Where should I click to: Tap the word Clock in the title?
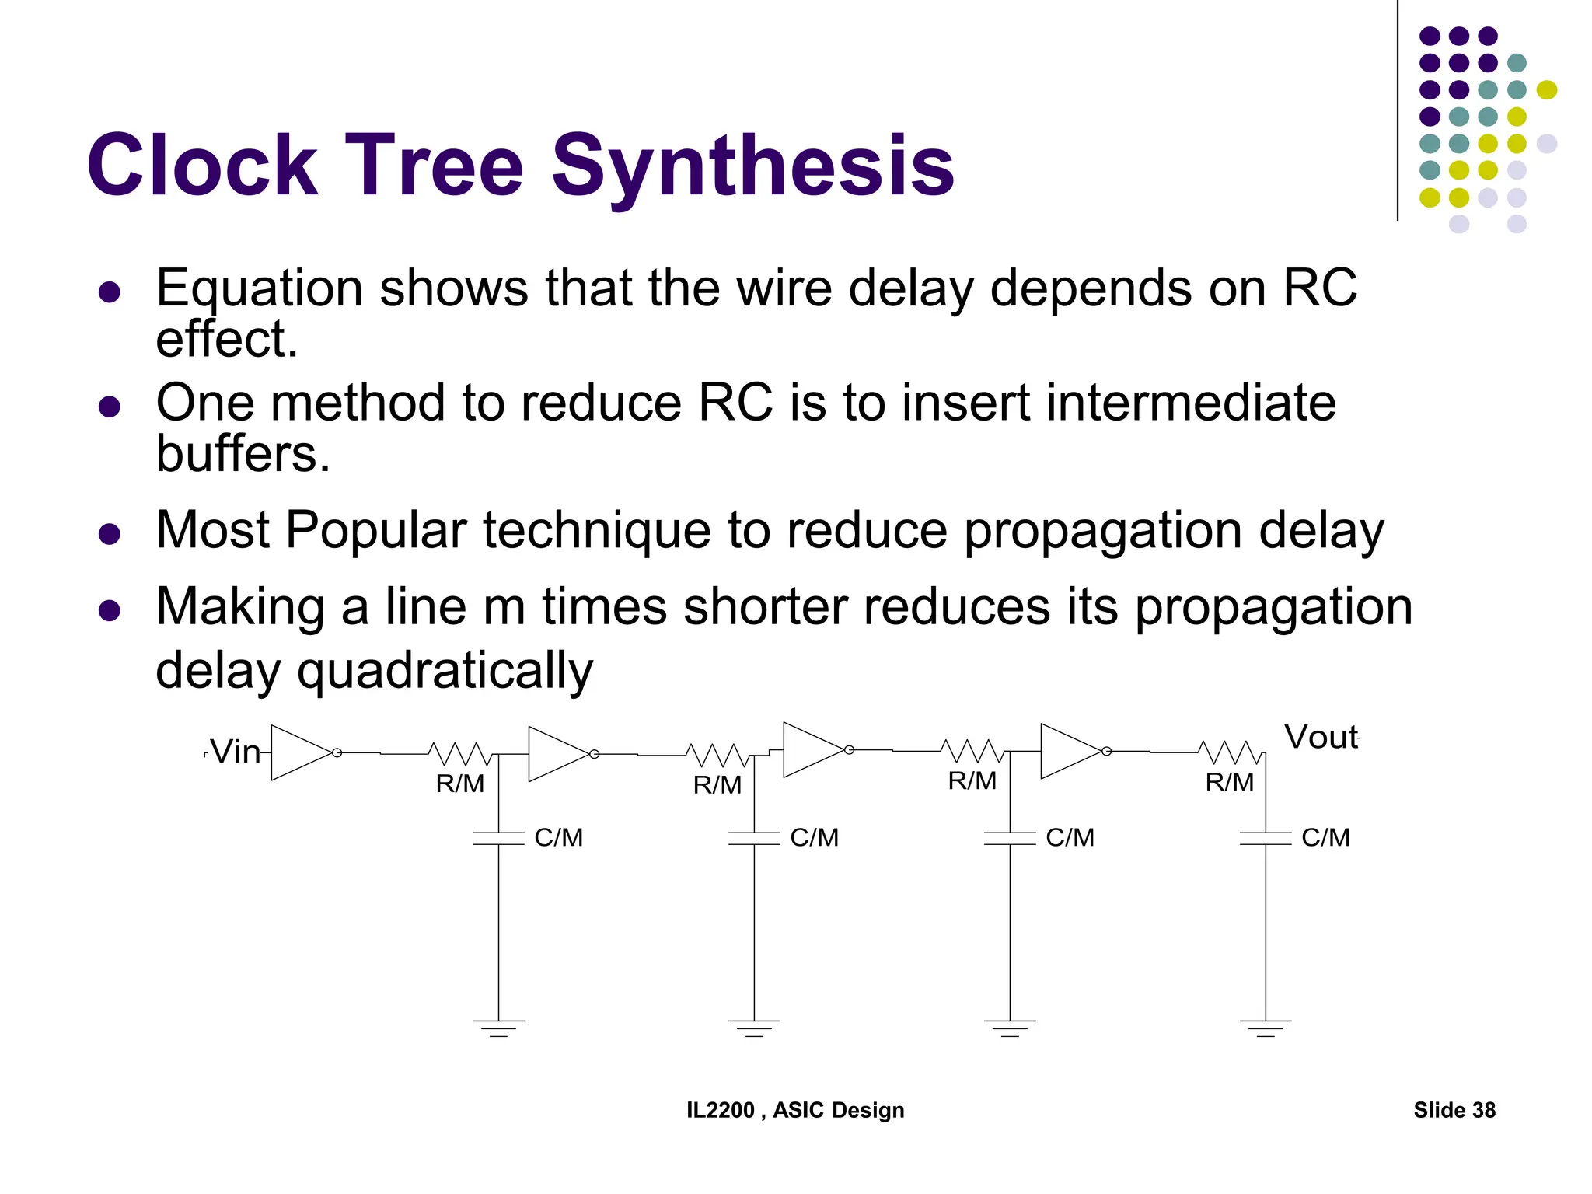tap(202, 166)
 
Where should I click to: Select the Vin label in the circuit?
tap(236, 752)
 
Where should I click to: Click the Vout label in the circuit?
tap(1320, 737)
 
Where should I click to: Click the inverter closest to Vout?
tap(1070, 751)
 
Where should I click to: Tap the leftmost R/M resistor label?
tap(459, 784)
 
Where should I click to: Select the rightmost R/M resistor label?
tap(1229, 782)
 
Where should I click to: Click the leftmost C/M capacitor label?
tap(558, 837)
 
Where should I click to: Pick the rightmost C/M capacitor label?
tap(1325, 837)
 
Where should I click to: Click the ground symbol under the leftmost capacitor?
tap(498, 1028)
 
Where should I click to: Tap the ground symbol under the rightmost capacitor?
tap(1266, 1028)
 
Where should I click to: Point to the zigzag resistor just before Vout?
tap(1231, 752)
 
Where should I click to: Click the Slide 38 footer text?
tap(1454, 1110)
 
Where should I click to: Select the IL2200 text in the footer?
tap(720, 1110)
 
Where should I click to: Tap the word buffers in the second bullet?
tap(243, 453)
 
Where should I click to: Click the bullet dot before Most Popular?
tap(110, 534)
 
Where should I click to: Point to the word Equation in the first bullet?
tap(259, 288)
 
